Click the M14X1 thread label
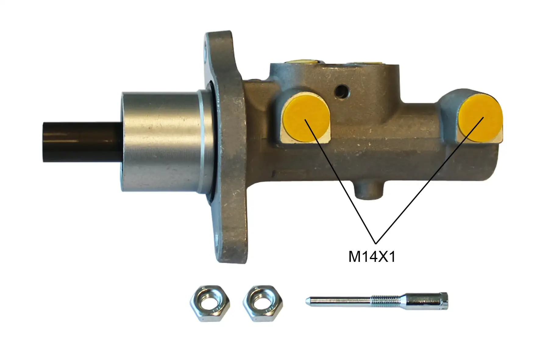tap(372, 257)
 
